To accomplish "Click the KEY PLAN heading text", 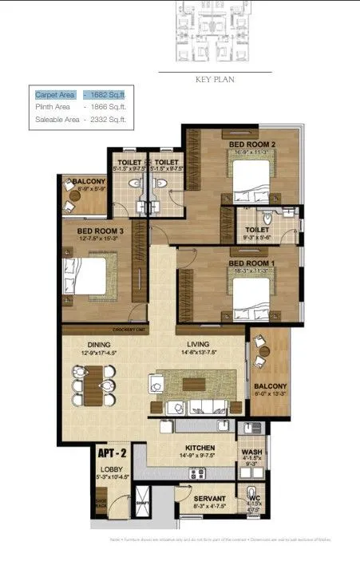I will coord(214,80).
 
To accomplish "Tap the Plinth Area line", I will coord(80,106).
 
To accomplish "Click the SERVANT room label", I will coord(211,496).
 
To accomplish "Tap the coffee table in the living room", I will coord(192,384).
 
